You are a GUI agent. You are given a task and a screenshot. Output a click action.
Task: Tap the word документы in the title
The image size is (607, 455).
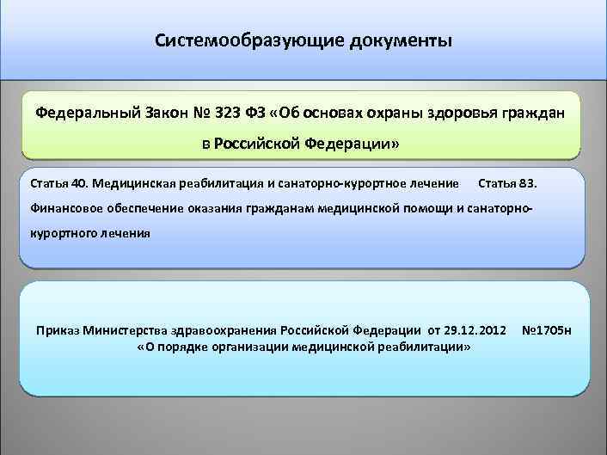(x=400, y=41)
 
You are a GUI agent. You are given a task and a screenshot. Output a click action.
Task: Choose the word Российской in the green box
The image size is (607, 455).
(x=255, y=143)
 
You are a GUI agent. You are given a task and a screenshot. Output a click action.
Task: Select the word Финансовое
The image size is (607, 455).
(x=65, y=207)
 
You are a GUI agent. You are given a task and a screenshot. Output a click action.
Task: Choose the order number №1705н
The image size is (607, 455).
(x=547, y=330)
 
